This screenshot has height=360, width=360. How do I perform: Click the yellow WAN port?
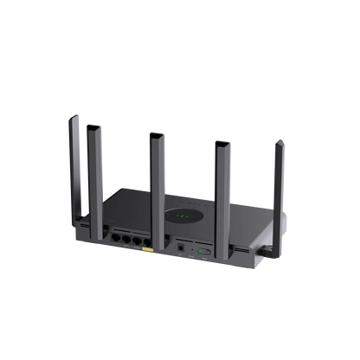coord(149,251)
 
